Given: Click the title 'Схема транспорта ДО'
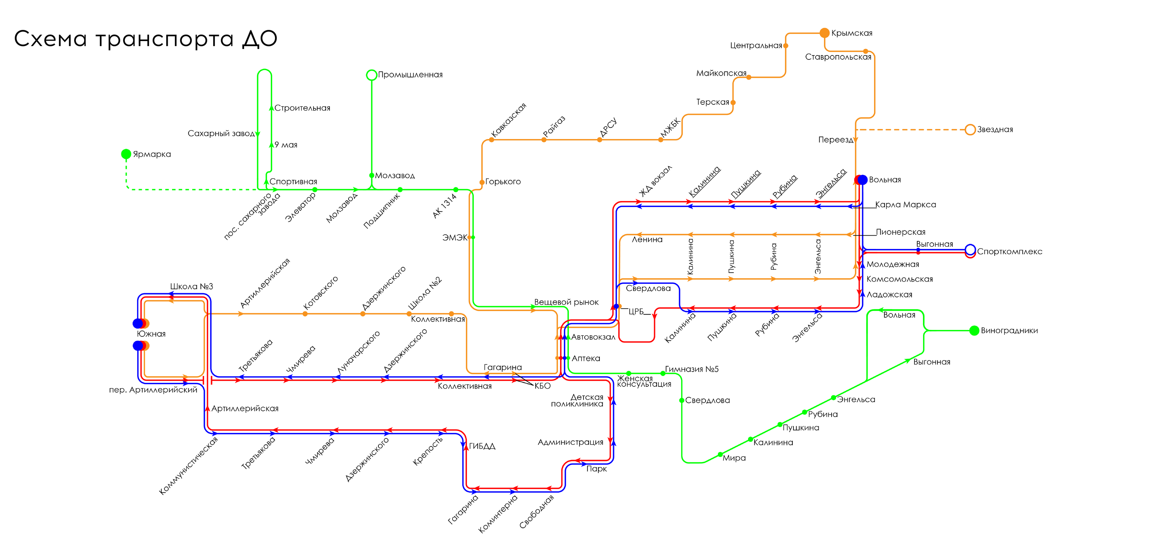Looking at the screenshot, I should click(145, 39).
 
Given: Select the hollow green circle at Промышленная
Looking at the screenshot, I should click(372, 75).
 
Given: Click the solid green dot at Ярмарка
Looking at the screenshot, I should click(126, 154).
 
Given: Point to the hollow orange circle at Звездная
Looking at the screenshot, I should click(970, 130).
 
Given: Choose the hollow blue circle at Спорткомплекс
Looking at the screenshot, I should click(970, 250).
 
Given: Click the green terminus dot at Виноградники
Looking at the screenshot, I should click(974, 331).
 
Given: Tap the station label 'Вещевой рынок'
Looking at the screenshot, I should click(566, 302).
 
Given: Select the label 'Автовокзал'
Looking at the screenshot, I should click(593, 337).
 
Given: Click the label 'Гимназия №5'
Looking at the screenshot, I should click(691, 369).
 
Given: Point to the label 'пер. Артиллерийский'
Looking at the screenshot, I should click(153, 390).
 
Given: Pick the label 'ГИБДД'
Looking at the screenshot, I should click(482, 446).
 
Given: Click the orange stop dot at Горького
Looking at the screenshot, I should click(482, 182).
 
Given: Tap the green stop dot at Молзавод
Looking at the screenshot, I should click(372, 175).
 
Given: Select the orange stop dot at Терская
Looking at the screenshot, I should click(733, 102).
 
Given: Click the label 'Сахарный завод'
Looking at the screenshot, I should click(221, 133).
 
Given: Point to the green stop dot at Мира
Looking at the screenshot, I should click(720, 454).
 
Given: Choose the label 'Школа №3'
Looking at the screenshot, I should click(192, 286).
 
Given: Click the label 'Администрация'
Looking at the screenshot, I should click(570, 442).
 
